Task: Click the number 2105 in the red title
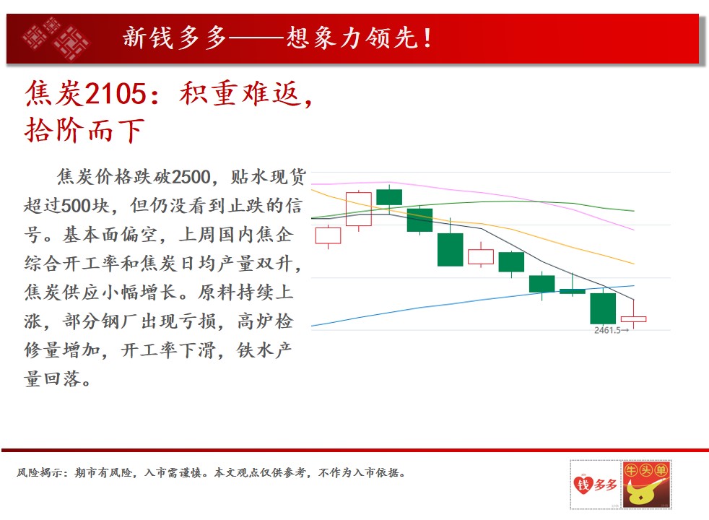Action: pos(115,93)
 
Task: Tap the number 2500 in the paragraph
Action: pos(191,177)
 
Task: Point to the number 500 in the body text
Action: pos(76,206)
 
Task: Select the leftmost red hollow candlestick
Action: pos(329,235)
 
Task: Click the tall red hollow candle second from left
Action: pos(359,209)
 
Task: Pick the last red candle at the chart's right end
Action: pos(633,318)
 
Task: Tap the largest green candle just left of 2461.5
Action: pos(603,308)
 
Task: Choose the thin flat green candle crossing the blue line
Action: pos(573,291)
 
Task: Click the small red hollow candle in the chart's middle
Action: pos(481,256)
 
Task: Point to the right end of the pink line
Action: pos(634,230)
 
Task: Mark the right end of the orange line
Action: pos(634,264)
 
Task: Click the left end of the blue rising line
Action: pos(312,326)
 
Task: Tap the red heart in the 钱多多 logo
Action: pos(583,485)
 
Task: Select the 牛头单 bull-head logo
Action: pos(647,485)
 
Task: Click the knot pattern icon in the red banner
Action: pos(56,39)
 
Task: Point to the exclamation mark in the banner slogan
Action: pos(427,38)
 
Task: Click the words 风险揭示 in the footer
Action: pos(40,473)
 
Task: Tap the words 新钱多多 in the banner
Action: pos(175,38)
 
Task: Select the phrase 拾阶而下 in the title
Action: pos(84,130)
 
